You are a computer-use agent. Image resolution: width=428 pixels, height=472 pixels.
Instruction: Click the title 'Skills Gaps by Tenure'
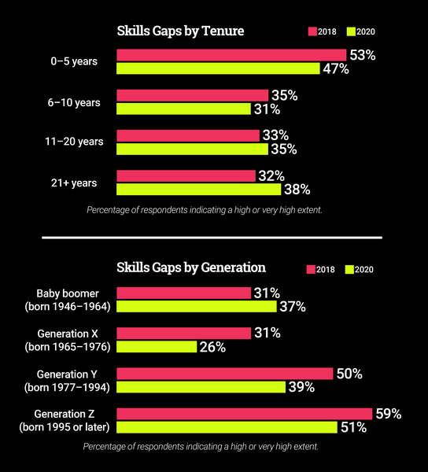point(180,31)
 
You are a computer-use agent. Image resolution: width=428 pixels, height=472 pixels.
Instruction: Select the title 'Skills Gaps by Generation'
point(191,267)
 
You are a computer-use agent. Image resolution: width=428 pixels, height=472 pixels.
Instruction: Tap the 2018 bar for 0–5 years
point(231,54)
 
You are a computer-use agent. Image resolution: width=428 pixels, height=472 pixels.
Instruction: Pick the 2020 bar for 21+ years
point(198,189)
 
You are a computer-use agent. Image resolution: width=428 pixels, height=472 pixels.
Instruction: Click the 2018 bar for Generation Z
point(244,414)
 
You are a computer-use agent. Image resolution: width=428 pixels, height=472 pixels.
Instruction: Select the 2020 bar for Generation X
point(157,346)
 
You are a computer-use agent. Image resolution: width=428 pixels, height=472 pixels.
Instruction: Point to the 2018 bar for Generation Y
point(225,374)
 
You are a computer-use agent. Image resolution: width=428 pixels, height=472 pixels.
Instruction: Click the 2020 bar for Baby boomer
point(197,306)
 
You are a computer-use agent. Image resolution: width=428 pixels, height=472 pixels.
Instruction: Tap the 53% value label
point(363,54)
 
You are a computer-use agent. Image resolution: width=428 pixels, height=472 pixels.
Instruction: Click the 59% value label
point(388,414)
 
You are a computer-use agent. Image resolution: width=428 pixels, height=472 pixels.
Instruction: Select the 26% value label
point(212,347)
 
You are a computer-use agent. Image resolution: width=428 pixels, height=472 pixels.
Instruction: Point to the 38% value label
point(297,190)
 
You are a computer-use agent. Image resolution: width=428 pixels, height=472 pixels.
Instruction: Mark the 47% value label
point(335,68)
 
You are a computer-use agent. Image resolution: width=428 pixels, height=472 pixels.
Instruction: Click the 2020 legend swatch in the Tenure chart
point(350,32)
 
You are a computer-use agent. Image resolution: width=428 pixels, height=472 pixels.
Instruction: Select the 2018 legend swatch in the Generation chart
point(311,269)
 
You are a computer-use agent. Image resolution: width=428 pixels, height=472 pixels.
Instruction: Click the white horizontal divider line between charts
point(212,237)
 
